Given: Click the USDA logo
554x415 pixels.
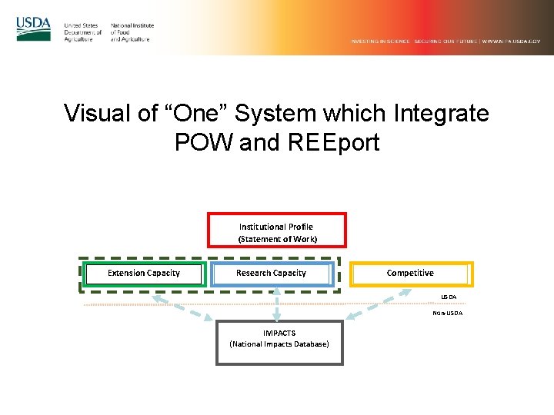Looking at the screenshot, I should pyautogui.click(x=33, y=29).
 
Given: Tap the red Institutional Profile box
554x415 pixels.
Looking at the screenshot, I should pyautogui.click(x=277, y=230).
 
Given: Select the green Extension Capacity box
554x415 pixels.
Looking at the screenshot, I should pyautogui.click(x=144, y=274).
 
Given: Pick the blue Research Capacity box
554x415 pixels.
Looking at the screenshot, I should pyautogui.click(x=272, y=274).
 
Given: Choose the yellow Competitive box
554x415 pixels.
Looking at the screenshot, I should pyautogui.click(x=410, y=274).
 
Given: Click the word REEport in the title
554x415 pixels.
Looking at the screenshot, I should pyautogui.click(x=335, y=142).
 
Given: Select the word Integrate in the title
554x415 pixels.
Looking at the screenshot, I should pyautogui.click(x=441, y=114).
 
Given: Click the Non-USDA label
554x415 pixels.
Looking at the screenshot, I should pyautogui.click(x=447, y=314).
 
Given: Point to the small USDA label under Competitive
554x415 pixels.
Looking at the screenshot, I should pyautogui.click(x=449, y=297).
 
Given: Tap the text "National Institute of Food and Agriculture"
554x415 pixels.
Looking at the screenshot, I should pyautogui.click(x=132, y=32).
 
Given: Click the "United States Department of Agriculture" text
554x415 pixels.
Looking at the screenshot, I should pyautogui.click(x=82, y=32).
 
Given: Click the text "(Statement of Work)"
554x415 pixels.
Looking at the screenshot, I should pyautogui.click(x=278, y=239).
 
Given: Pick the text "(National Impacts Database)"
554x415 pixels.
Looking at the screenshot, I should pyautogui.click(x=279, y=344).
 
